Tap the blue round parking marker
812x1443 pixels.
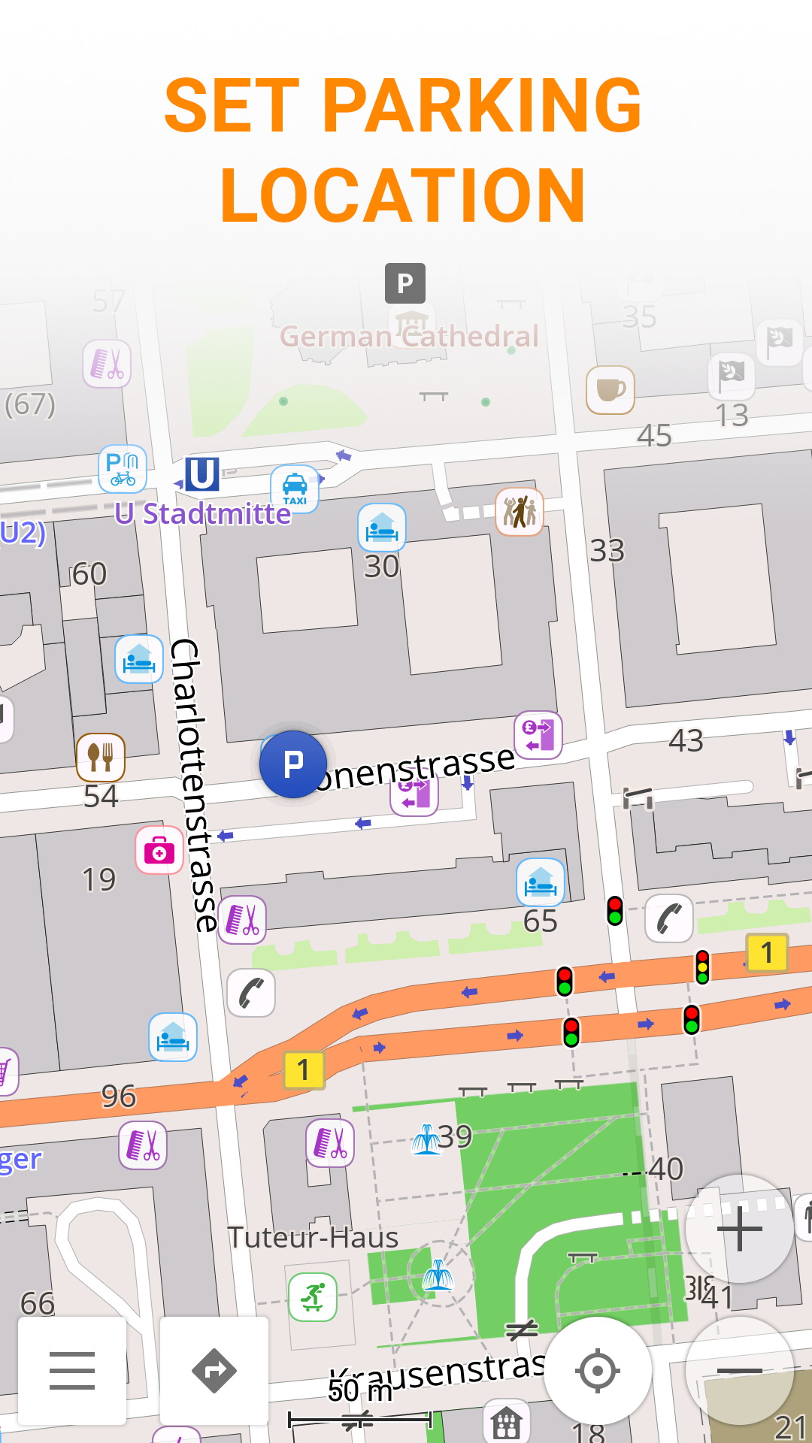click(293, 764)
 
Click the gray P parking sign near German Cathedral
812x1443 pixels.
click(405, 283)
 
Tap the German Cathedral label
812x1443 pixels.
click(410, 336)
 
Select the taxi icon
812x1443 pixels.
click(295, 489)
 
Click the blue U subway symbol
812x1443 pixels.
click(201, 474)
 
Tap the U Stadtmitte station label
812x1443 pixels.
click(203, 514)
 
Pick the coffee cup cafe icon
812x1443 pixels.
click(611, 389)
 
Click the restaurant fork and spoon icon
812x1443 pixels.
click(101, 757)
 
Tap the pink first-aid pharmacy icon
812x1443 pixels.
click(159, 851)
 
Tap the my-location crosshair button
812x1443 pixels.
click(598, 1371)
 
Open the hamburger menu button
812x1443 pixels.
click(72, 1371)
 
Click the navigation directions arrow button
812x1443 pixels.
click(214, 1371)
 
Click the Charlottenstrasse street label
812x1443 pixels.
click(194, 785)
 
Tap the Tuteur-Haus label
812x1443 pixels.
click(313, 1238)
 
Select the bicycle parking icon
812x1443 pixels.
click(123, 469)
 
